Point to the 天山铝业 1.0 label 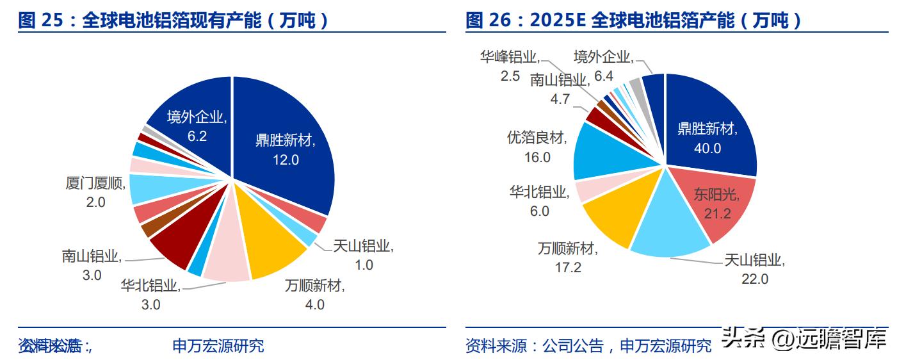pos(363,254)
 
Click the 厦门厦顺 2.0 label pos(94,192)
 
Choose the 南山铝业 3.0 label pos(91,266)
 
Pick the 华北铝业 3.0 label pos(150,295)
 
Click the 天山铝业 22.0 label pos(754,270)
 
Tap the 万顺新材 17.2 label pos(567,258)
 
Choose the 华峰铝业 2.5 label pos(509,66)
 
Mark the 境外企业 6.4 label pos(603,66)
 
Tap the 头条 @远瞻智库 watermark pos(804,340)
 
